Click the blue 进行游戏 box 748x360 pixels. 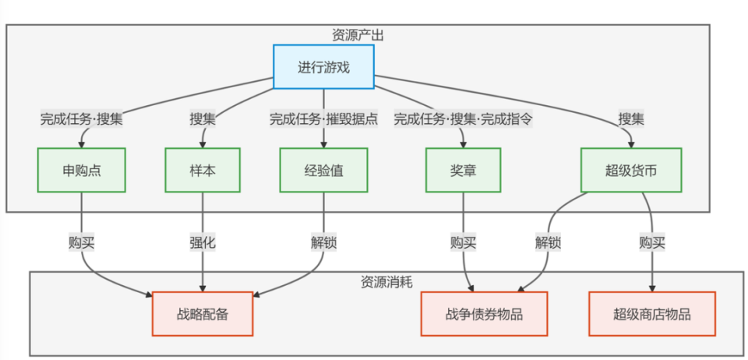[323, 66]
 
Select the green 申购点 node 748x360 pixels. [82, 170]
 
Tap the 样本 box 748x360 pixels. [203, 170]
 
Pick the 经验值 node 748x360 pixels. [323, 170]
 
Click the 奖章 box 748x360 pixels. [464, 170]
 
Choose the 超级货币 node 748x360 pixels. [630, 170]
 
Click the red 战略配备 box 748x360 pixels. [203, 314]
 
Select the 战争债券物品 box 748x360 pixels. [484, 314]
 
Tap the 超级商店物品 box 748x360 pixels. [652, 314]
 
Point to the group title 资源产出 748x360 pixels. [358, 35]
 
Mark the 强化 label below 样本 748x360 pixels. [203, 242]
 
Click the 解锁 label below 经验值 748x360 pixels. [323, 242]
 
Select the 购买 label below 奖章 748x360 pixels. [464, 242]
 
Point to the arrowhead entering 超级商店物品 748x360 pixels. [652, 288]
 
